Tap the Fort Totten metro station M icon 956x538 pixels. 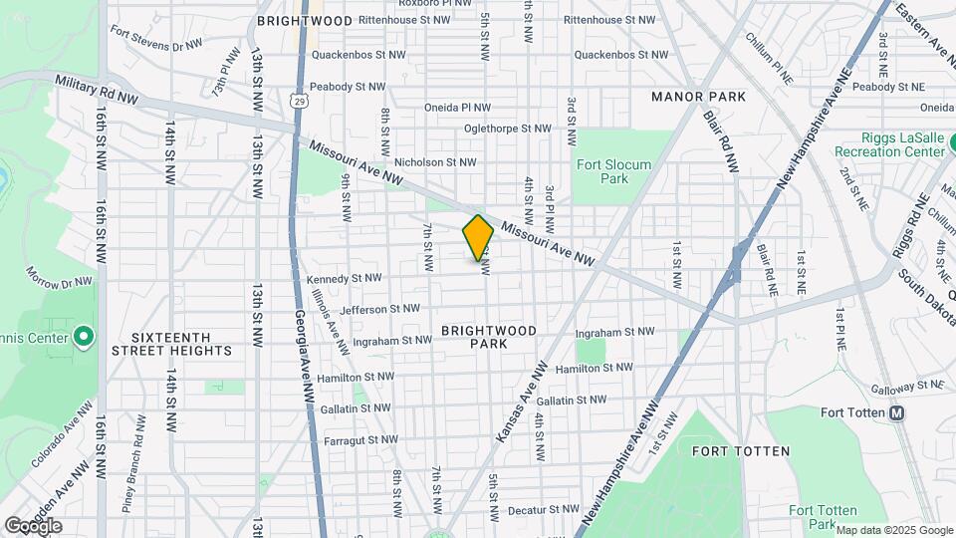(x=896, y=412)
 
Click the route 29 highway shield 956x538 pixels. (x=300, y=101)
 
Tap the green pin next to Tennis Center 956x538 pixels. (x=84, y=337)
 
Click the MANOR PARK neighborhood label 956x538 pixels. (x=698, y=97)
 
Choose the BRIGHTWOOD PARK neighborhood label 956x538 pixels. (x=489, y=337)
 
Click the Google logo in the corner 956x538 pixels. (x=33, y=525)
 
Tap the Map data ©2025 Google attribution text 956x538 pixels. (x=893, y=530)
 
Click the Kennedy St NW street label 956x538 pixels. (x=344, y=278)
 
